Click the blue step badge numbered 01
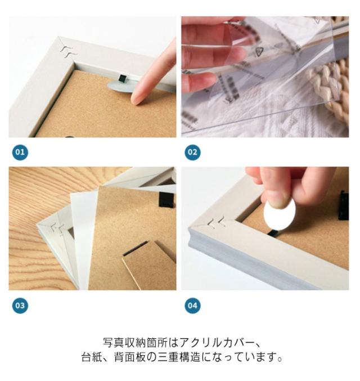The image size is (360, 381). click(20, 153)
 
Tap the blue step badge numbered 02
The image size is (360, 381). click(192, 153)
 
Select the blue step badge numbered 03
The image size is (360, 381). click(20, 306)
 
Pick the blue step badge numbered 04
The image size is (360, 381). click(192, 306)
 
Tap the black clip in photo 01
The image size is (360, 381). click(123, 78)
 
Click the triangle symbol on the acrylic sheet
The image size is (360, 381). click(259, 51)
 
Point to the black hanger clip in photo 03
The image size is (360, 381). click(167, 199)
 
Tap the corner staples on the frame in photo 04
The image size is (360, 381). click(218, 223)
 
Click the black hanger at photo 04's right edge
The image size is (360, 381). click(344, 205)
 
